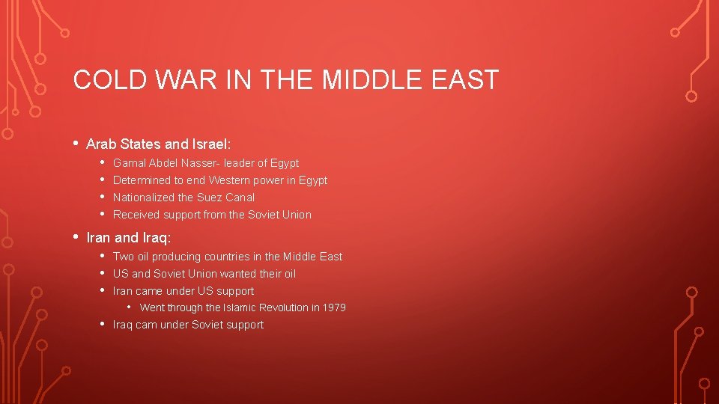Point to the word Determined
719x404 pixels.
point(142,180)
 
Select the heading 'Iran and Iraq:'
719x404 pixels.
point(129,238)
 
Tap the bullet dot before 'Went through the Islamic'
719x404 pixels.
point(129,307)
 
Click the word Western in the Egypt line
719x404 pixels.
point(229,180)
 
